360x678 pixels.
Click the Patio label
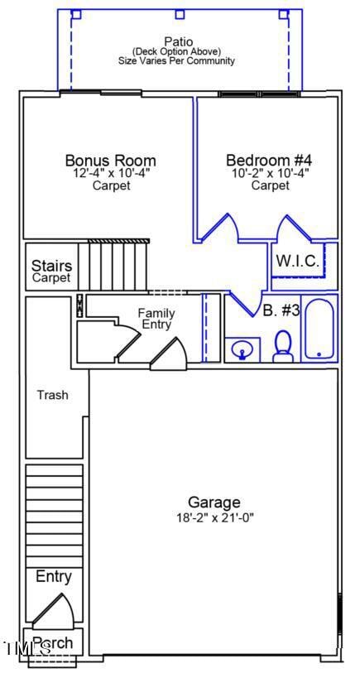[177, 41]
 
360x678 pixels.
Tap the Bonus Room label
[110, 161]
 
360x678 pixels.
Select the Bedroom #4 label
[268, 161]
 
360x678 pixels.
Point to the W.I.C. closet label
[297, 261]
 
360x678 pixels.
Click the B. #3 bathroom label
[281, 311]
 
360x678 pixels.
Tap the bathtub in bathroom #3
[319, 330]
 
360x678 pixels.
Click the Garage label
[214, 502]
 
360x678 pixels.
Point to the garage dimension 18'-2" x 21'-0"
[214, 517]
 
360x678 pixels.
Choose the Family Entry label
[156, 319]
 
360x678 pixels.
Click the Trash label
[52, 395]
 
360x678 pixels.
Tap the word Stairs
[51, 267]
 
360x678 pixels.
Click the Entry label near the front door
[53, 577]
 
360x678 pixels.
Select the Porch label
[53, 643]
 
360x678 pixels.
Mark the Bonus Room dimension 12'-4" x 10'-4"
[110, 174]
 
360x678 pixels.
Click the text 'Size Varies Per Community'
[177, 60]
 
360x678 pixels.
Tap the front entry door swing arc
[60, 611]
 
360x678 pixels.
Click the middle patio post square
[179, 14]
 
